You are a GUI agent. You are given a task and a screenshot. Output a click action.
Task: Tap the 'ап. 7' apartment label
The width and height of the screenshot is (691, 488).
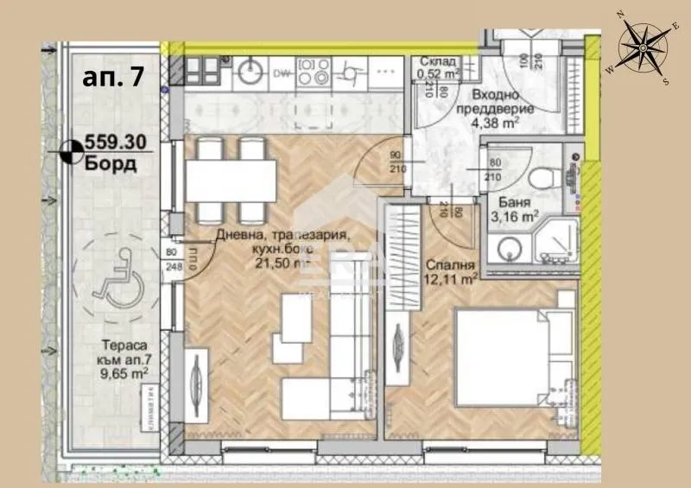click(113, 77)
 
